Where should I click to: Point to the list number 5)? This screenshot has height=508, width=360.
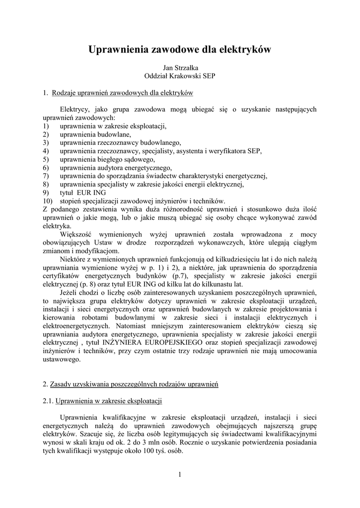46,159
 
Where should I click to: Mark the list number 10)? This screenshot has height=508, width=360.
48,201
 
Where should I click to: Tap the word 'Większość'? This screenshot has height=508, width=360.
76,234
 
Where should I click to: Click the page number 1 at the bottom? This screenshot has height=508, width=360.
180,476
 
